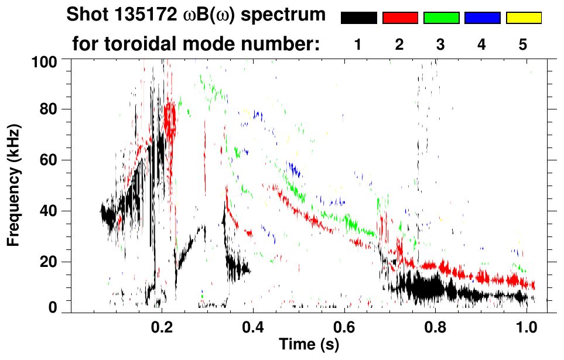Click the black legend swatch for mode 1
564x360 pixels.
(x=359, y=18)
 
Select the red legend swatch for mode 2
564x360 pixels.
(x=400, y=18)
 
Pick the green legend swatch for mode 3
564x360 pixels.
(x=441, y=18)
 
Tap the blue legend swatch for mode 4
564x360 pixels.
(x=482, y=18)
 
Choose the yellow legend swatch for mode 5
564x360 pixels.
(x=523, y=18)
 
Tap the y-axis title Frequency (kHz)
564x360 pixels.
(x=14, y=185)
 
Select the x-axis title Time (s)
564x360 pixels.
(x=309, y=344)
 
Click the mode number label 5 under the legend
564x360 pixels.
(x=523, y=45)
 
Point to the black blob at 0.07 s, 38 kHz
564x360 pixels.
(x=108, y=217)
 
